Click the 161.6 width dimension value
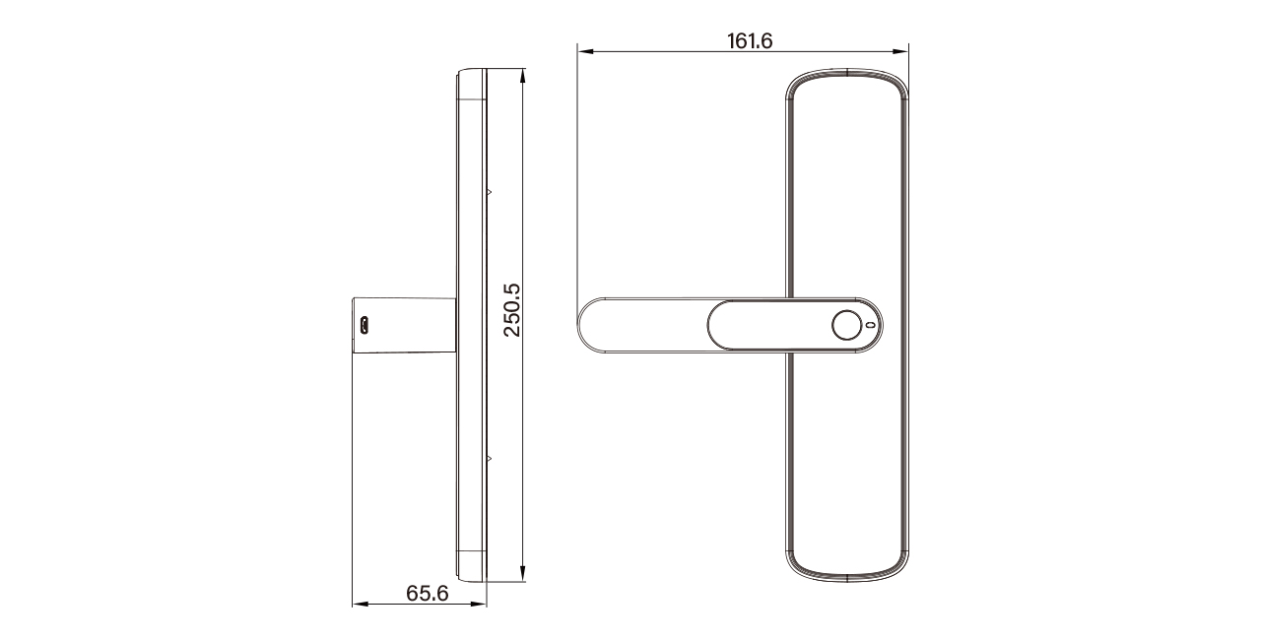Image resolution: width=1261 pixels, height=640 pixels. [750, 40]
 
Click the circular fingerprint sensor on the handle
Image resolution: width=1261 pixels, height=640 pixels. [844, 325]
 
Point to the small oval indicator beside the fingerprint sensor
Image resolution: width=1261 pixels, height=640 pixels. [869, 325]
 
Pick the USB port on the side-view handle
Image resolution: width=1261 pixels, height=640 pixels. [365, 325]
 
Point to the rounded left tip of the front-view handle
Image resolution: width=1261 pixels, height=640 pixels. [582, 325]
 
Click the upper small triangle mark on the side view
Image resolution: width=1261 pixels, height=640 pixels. [488, 191]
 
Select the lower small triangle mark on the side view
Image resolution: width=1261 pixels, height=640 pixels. [488, 458]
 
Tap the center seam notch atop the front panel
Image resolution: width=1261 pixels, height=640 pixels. [847, 71]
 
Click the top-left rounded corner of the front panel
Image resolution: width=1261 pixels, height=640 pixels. [795, 82]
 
